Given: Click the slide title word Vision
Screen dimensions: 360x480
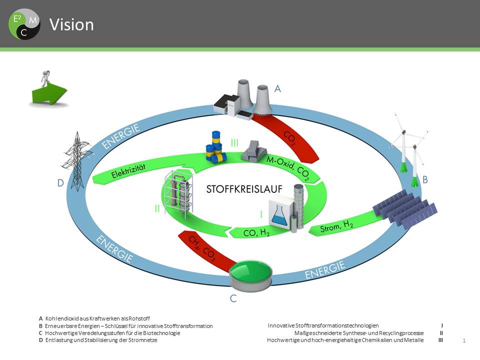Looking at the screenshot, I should [x=71, y=25].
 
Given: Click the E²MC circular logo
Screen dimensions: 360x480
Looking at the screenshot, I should [x=24, y=24].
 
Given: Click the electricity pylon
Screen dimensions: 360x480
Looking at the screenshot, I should [x=77, y=160].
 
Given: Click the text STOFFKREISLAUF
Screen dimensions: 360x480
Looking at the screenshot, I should [x=244, y=189].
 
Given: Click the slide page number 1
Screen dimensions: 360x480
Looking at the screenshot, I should [x=464, y=341].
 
